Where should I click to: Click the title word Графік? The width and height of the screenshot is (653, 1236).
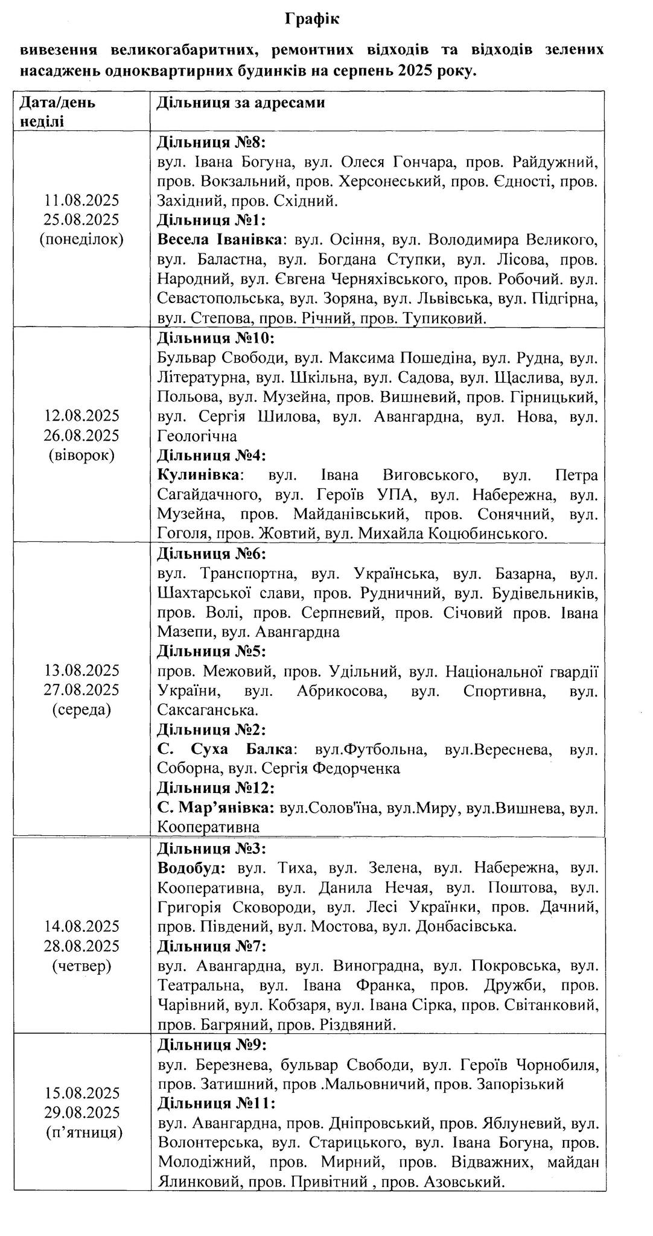(312, 19)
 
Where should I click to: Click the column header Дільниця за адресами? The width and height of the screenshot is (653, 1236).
(241, 103)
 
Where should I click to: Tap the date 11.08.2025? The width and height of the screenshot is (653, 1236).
(82, 200)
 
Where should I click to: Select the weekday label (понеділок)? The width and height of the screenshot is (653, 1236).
(82, 239)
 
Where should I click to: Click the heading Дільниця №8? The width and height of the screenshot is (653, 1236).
(211, 142)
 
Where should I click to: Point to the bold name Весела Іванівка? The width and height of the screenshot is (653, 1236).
(220, 240)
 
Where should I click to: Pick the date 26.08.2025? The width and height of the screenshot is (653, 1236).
(82, 435)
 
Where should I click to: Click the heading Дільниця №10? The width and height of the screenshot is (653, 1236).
(215, 338)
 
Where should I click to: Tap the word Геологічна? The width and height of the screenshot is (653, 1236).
(197, 436)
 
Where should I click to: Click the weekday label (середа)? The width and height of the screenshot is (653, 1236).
(82, 710)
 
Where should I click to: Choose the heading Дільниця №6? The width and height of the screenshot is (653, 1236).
(211, 553)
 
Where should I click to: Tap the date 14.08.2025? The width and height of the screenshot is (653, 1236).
(82, 926)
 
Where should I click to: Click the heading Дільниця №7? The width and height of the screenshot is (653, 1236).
(211, 946)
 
